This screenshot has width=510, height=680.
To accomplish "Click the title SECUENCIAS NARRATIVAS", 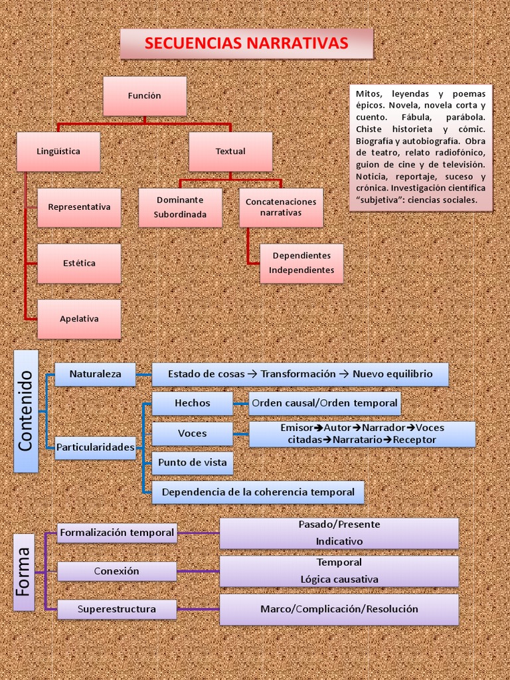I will pos(246,44).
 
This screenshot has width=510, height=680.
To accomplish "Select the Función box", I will pos(144,96).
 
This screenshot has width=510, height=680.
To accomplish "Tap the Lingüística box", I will pos(58,151).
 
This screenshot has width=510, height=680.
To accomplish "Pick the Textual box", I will pos(230,151).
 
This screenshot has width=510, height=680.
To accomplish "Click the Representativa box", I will pos(79,207).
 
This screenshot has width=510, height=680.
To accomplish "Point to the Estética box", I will pos(79,263).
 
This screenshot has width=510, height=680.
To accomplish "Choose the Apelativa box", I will pos(79,319).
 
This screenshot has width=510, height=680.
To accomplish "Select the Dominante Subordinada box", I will pos(180,207).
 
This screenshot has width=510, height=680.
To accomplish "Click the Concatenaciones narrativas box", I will pos(281,207).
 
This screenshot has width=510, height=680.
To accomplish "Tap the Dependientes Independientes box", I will pos(301,263).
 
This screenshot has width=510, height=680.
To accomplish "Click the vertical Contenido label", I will pos(26,411).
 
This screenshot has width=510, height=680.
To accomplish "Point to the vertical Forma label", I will pos(24,570).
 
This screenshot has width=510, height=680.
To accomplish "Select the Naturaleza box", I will pos(95,374).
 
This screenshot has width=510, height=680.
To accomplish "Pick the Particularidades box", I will pos(95,448).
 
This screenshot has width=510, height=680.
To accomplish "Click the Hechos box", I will pos(192,403).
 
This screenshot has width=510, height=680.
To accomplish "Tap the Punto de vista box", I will pos(192,463).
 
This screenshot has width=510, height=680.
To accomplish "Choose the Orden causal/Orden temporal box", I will pos(325,403).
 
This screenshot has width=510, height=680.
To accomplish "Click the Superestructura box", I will pos(116,609).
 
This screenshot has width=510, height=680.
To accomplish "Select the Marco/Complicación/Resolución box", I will pos(339,609).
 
